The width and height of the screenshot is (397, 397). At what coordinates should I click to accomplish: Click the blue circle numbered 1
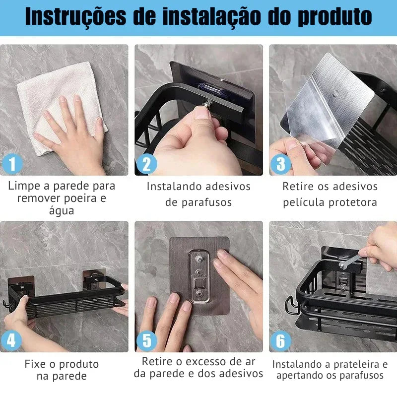[x=12, y=164]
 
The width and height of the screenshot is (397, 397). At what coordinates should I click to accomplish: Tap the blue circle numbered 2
[x=146, y=164]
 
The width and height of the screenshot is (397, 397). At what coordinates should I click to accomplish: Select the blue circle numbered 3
[x=280, y=164]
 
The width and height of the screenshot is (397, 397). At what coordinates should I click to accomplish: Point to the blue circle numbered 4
[x=11, y=340]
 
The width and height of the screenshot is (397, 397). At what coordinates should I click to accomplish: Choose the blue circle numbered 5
[x=146, y=340]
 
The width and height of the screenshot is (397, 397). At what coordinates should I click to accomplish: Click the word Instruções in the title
[x=75, y=17]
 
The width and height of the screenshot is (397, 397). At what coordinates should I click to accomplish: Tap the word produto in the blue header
[x=334, y=17]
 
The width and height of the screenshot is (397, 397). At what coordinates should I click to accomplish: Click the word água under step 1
[x=62, y=210]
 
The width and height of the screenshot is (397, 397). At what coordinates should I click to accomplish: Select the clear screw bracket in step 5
[x=200, y=276]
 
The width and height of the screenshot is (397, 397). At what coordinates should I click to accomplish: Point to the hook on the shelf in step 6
[x=291, y=305]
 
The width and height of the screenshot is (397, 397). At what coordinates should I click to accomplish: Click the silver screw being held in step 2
[x=208, y=103]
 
